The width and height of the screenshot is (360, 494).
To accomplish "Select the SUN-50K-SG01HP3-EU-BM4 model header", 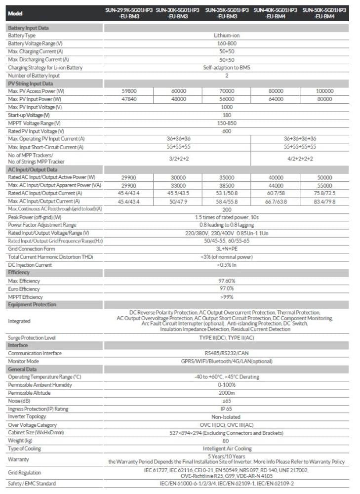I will pos(324,13).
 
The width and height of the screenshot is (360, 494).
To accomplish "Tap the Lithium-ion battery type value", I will pos(227,36).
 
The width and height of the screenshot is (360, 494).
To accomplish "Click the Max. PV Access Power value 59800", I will pos(129,91).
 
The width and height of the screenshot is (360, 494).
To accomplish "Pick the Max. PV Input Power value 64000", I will pos(276,99).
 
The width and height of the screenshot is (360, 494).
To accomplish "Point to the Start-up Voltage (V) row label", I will pos(29,115).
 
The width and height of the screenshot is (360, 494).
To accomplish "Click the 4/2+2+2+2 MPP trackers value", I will pos(300,159).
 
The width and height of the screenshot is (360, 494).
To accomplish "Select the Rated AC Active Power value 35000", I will pos(227,177).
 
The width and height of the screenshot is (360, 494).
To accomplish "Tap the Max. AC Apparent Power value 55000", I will pos(324,185).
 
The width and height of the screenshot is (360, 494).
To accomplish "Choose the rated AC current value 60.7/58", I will pos(276,193).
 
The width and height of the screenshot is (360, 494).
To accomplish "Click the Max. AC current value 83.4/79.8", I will pos(324,201).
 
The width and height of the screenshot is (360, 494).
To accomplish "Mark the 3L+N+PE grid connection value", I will pos(227,248).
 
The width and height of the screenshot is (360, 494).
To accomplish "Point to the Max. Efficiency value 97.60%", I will pos(227,281).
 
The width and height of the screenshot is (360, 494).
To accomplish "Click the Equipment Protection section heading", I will pos(32,304).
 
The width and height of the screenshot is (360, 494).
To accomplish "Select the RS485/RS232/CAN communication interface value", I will pos(227,353).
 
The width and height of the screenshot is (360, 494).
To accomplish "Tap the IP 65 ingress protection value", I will pos(227,409).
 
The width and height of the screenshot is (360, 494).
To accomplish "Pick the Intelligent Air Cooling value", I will pos(227,449).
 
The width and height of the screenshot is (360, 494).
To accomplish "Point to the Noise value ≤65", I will pos(227,401).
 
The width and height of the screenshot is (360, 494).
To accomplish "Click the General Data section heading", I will pos(22,369).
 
